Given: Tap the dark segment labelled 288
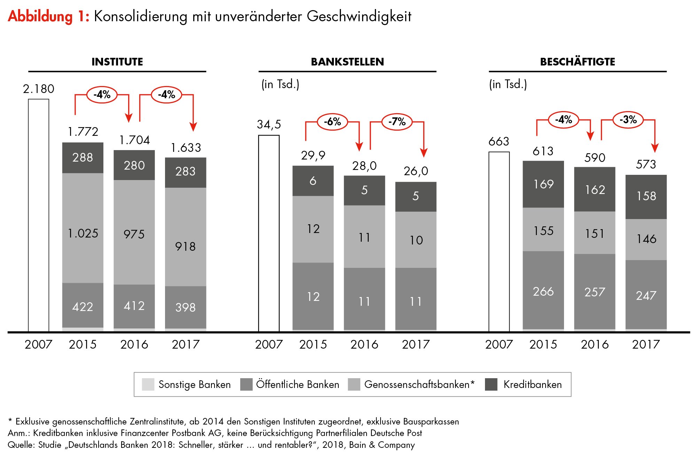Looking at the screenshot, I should pos(83,158).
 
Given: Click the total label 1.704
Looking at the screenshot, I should pos(134,140).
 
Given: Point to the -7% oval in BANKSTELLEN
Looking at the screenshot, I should pos(397,122).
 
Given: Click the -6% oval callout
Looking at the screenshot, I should pos(332,122).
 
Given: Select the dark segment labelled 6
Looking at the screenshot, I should pos(313,181).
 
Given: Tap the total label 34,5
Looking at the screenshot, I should pos(269,124).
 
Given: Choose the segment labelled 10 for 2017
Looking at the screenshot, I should pos(416,240).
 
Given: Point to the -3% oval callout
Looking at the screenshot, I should pos(628,119).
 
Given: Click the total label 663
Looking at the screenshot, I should pos(499,141).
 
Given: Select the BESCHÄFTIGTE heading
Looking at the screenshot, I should pos(578,62).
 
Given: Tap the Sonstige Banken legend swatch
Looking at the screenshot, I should pos(148,384).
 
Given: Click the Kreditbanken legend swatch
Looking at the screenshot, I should pos(491,384).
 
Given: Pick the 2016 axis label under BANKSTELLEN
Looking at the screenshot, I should pos(364,344).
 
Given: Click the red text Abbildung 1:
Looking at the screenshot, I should pos(48,16).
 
